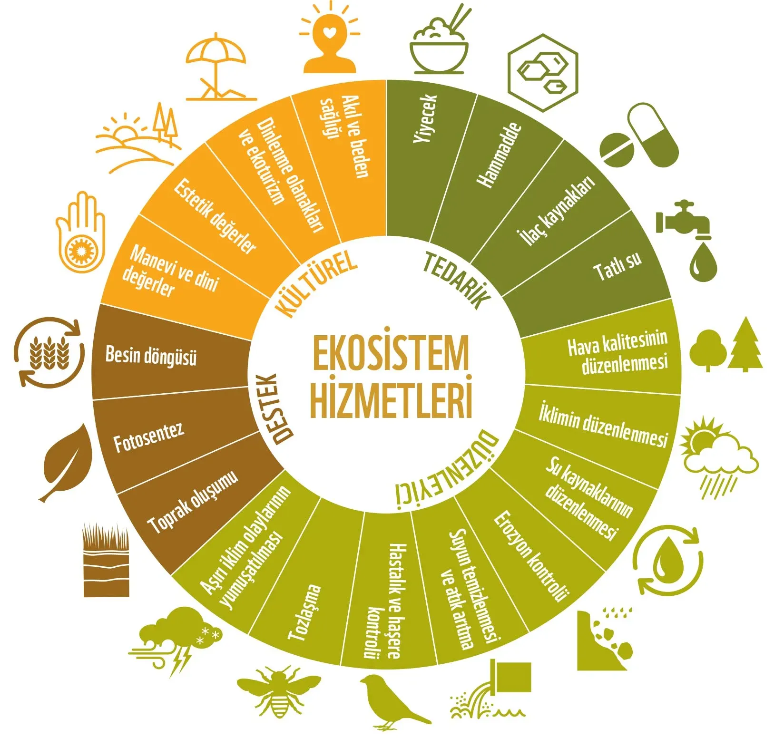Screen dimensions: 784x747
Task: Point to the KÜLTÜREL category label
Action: pos(317,283)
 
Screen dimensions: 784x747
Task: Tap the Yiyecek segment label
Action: pos(424,118)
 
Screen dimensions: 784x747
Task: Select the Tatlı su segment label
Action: pos(617,266)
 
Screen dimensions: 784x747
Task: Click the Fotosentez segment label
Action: pos(148,437)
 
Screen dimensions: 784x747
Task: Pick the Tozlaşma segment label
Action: pos(304,612)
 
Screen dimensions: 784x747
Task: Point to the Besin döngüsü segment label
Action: pos(151,356)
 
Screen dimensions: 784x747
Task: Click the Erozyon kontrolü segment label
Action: pos(531,556)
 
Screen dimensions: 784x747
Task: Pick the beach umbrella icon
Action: pos(216,70)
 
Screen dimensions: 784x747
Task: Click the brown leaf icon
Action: pos(66,463)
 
